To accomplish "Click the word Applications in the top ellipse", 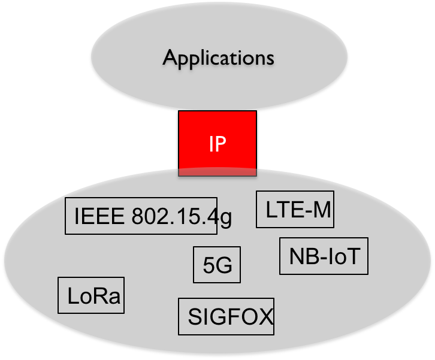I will [218, 59].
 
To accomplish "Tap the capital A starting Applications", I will [170, 58].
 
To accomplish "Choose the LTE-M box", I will [294, 210].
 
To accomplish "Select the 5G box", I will [217, 265].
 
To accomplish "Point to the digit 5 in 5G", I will [209, 265].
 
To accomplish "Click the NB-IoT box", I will [324, 256].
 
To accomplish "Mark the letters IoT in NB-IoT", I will [344, 256].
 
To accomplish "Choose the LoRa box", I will [91, 295].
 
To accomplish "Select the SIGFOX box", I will [226, 316].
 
